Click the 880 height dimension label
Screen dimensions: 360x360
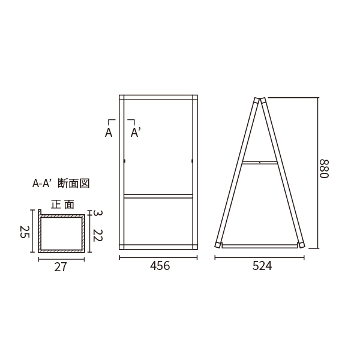coord(325,169)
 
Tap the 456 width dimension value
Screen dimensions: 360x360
coord(160,266)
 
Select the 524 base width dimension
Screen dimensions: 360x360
coord(262,266)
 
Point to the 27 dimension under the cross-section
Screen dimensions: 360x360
coord(61,267)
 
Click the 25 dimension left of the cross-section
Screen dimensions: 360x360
coord(25,232)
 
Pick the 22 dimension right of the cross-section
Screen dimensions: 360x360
coord(98,235)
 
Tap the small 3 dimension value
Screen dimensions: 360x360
coord(98,213)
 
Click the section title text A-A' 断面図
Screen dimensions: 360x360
coord(61,183)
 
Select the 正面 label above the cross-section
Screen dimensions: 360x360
coord(62,204)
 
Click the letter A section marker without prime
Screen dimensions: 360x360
coord(109,133)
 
